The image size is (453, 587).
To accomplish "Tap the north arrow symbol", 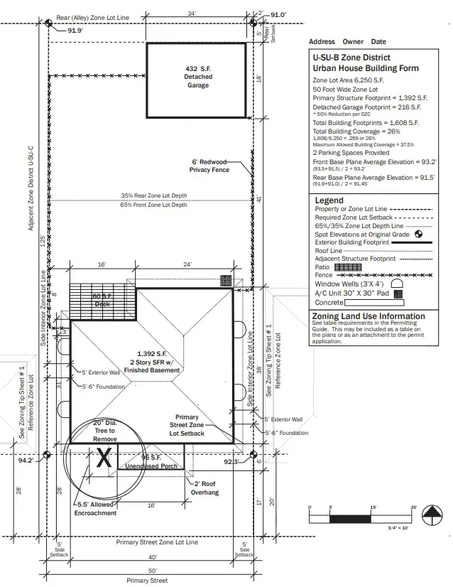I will (x=431, y=514).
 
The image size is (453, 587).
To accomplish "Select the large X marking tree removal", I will (x=104, y=458).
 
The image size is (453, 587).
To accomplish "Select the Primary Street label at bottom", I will (x=147, y=581).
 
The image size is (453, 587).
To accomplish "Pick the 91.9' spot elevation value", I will (x=75, y=31).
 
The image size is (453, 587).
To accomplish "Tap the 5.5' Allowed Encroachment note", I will (x=96, y=509).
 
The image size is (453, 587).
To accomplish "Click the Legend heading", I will (x=329, y=200).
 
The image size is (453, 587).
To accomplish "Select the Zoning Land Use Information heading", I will (x=369, y=316).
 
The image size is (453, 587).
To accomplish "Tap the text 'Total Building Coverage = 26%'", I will (x=356, y=131).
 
